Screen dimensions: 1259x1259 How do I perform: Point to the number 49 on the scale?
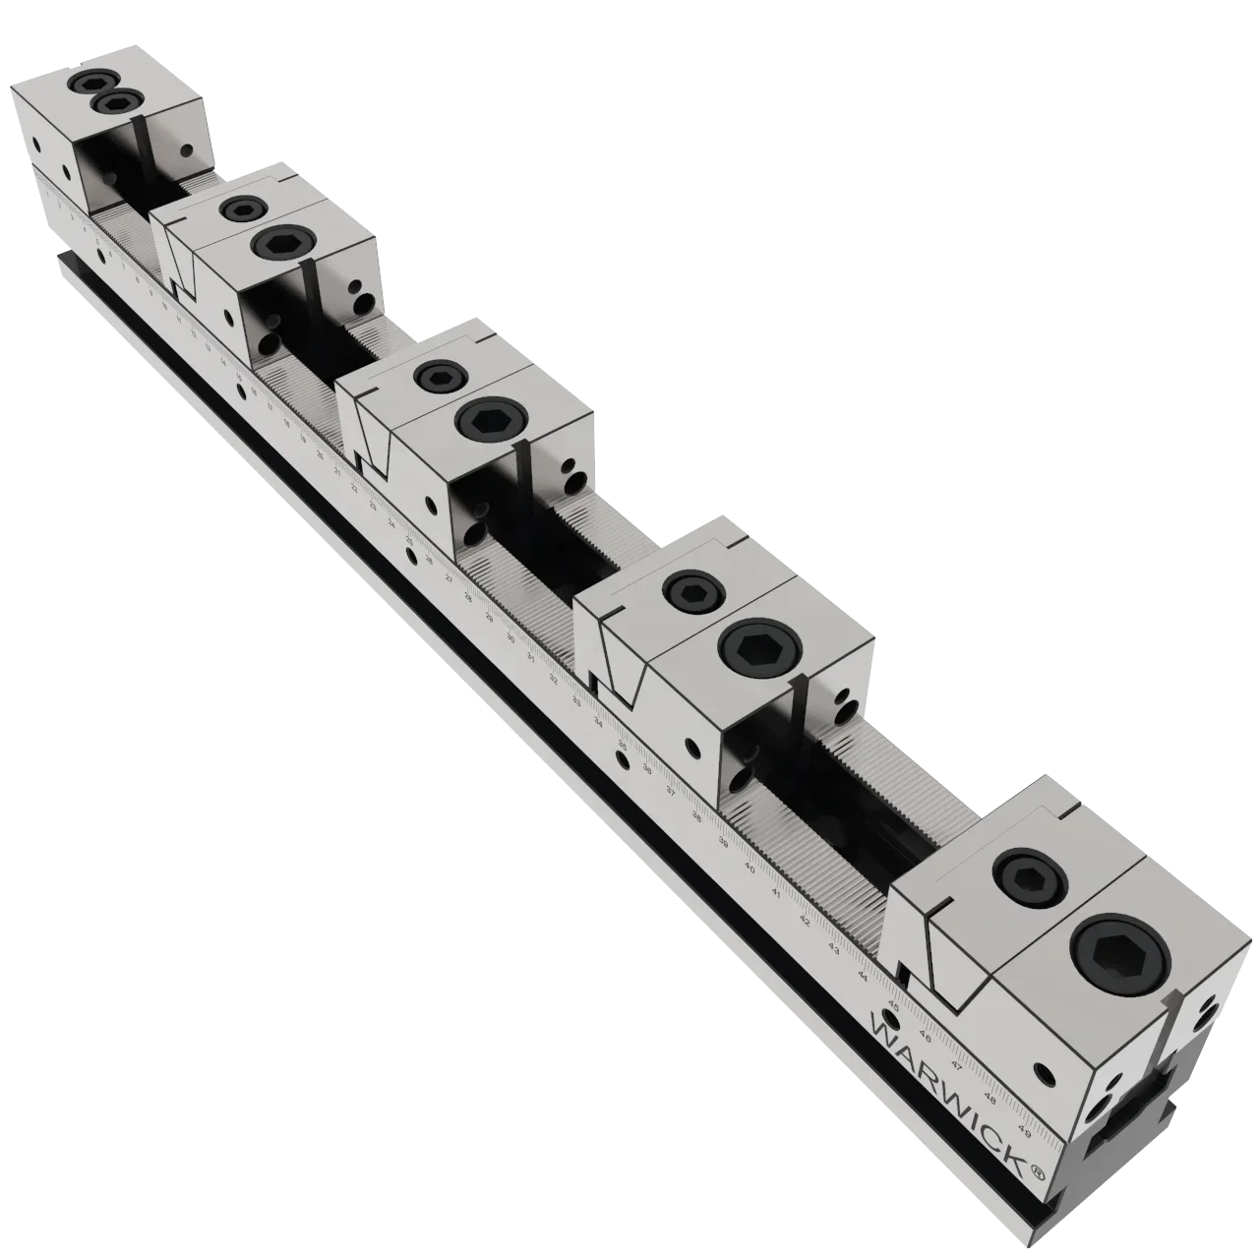point(1024,1131)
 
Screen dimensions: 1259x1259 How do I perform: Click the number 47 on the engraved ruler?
point(957,1064)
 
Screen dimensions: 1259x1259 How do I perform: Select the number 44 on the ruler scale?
point(863,976)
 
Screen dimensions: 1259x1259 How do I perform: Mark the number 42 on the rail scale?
point(805,922)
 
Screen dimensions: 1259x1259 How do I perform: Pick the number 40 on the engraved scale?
point(749,869)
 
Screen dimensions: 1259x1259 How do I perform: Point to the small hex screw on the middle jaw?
point(438,377)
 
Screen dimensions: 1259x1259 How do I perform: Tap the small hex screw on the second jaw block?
point(241,209)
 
